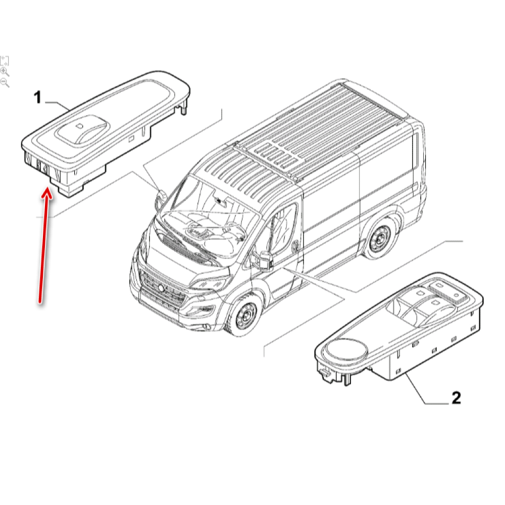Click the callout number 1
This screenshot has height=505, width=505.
pyautogui.click(x=38, y=97)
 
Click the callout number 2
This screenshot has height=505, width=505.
pyautogui.click(x=456, y=398)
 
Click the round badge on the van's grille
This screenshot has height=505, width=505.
pyautogui.click(x=160, y=288)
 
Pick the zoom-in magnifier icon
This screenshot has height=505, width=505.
pyautogui.click(x=5, y=72)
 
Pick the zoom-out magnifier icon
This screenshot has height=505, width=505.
pyautogui.click(x=5, y=83)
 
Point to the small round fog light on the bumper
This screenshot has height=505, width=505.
pyautogui.click(x=205, y=328)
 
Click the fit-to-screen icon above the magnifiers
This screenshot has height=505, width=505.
pyautogui.click(x=4, y=60)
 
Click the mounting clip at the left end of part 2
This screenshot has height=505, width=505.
pyautogui.click(x=326, y=374)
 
